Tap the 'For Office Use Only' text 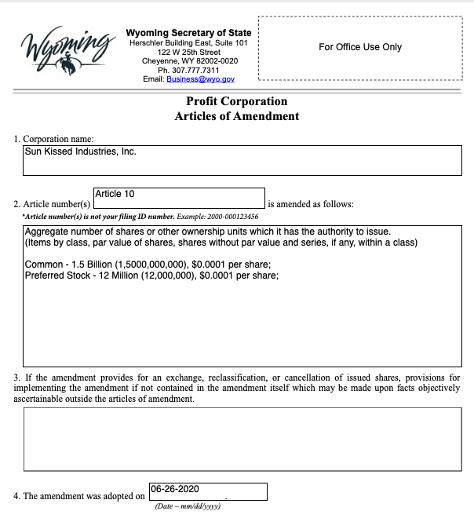click(x=359, y=47)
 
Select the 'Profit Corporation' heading click(x=236, y=101)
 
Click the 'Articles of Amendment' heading click(x=236, y=116)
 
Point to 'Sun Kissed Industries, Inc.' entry click(x=81, y=151)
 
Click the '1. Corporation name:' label click(x=54, y=139)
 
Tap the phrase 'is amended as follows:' click(x=311, y=204)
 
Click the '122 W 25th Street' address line click(x=188, y=52)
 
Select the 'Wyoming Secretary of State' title click(x=188, y=33)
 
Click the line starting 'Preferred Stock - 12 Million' click(x=151, y=275)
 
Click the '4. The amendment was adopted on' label click(x=79, y=496)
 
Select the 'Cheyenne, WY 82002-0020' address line click(x=189, y=61)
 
